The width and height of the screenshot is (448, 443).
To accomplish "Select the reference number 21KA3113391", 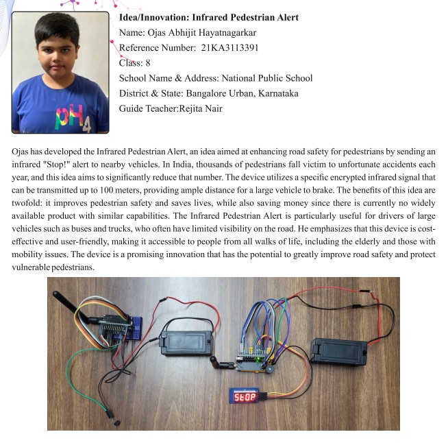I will (x=229, y=47).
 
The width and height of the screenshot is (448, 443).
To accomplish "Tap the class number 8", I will (x=147, y=62).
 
